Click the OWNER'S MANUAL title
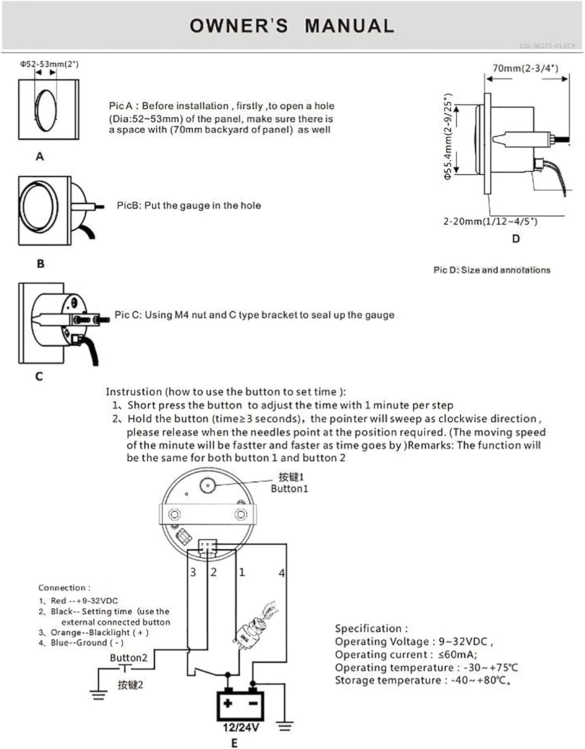292,25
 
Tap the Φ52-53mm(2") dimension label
49,64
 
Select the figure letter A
40,157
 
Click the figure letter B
40,264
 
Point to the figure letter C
39,376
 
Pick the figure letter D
516,239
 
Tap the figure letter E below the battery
235,743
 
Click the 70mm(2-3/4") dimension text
525,68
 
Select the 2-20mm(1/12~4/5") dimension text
490,221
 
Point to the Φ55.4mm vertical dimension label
448,136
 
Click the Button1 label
290,489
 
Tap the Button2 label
129,658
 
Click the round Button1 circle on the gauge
207,484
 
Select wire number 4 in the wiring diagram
282,573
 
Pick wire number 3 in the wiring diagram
193,572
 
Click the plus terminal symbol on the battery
228,703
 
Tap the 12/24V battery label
241,728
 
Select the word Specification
371,628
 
